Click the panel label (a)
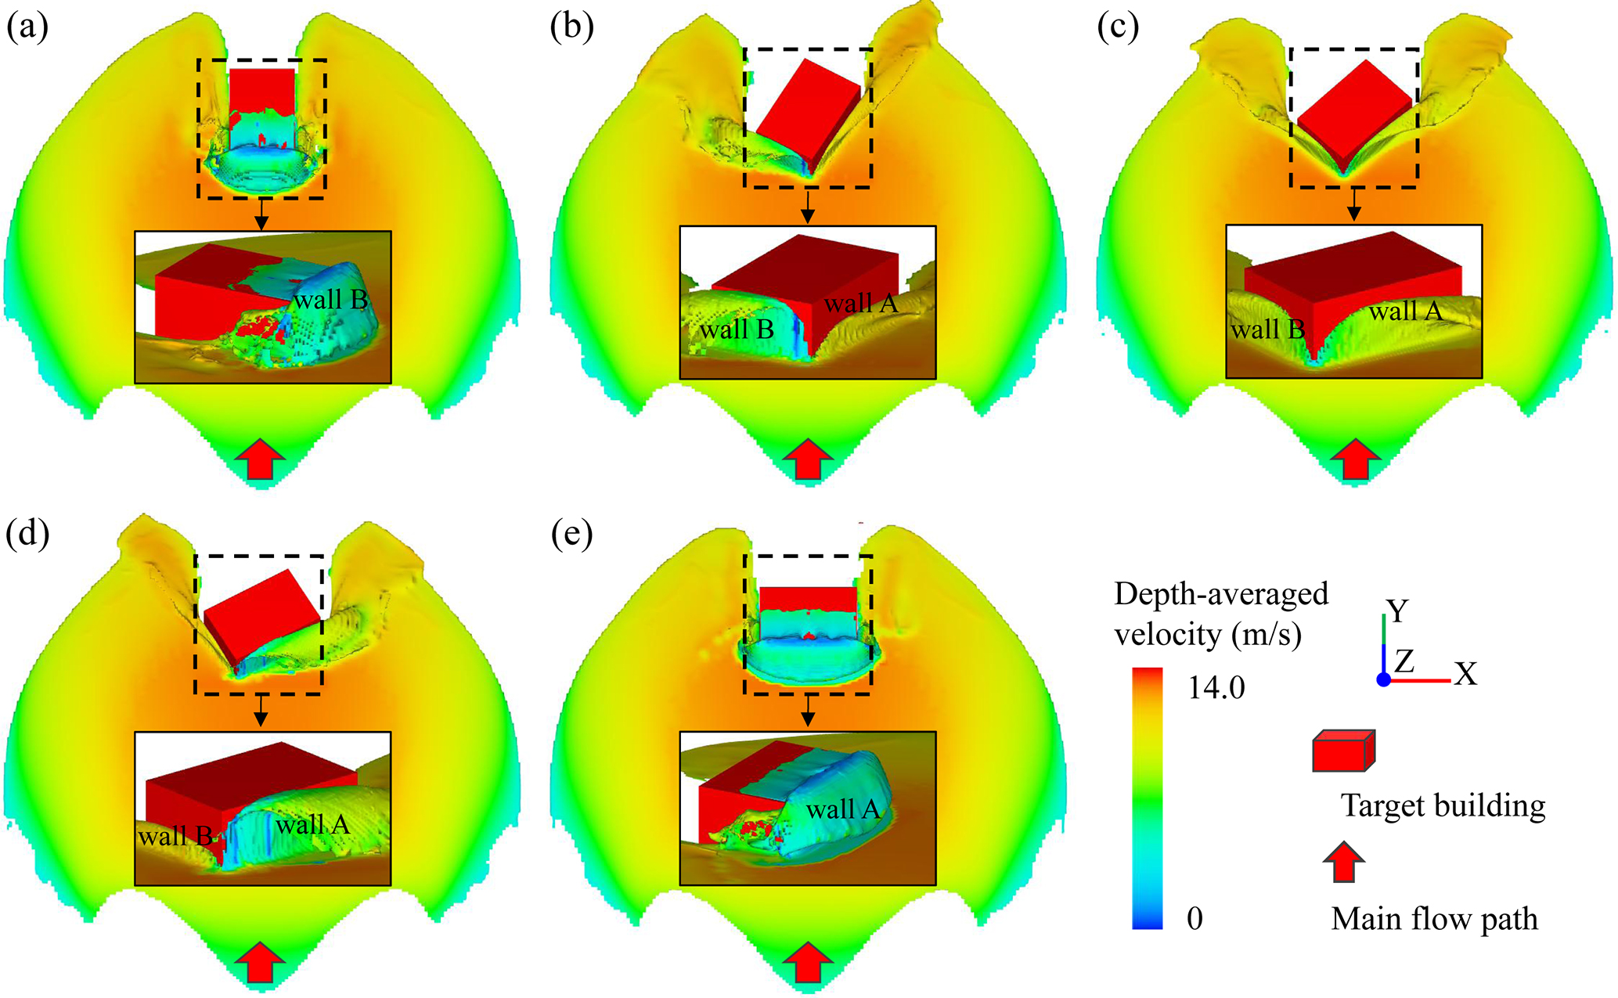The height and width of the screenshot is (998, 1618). (x=27, y=28)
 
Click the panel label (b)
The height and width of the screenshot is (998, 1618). (x=571, y=28)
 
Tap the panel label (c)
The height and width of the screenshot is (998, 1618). (x=1118, y=28)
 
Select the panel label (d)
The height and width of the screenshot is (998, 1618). (x=27, y=534)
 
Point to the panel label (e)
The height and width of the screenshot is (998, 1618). (x=571, y=534)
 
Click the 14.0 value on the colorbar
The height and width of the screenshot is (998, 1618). (x=1216, y=687)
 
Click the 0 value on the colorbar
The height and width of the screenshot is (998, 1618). (x=1195, y=917)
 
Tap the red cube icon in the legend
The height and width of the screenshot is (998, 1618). (x=1343, y=751)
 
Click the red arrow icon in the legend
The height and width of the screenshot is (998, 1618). (x=1343, y=862)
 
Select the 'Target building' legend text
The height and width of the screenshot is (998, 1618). (x=1443, y=805)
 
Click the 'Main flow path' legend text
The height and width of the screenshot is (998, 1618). (x=1434, y=918)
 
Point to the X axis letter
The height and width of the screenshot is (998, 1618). (x=1465, y=674)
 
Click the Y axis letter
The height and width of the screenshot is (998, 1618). (x=1397, y=611)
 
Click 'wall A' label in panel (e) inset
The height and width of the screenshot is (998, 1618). (x=843, y=809)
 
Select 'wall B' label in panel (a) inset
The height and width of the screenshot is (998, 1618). (x=330, y=300)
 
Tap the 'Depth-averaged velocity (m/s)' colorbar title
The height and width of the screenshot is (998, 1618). (x=1221, y=614)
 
